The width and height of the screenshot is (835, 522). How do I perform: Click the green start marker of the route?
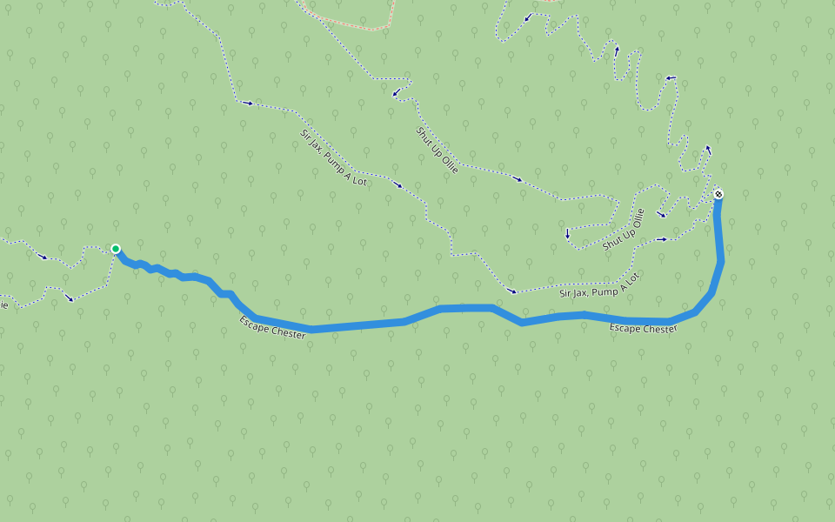116,249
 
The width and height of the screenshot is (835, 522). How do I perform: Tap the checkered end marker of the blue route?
718,194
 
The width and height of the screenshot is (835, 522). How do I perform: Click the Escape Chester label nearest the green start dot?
272,328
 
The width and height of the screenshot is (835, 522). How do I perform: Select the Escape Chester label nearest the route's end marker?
643,329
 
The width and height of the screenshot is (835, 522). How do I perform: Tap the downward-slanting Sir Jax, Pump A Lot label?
332,159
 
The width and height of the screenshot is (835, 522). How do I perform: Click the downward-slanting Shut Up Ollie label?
437,150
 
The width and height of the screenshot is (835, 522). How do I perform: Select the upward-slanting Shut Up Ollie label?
624,230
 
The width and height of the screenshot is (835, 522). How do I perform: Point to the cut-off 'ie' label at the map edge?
3,305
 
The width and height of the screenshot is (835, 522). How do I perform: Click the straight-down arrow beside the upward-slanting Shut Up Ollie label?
567,233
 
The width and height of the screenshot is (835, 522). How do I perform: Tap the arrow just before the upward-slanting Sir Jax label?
512,291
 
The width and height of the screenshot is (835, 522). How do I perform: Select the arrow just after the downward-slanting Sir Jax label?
398,184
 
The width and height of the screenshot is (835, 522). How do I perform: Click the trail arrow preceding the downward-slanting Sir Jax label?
249,104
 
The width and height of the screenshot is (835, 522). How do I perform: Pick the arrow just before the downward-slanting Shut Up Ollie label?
396,92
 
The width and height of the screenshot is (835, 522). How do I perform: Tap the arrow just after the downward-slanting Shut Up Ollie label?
518,179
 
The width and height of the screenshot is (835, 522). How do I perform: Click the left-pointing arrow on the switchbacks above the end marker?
670,78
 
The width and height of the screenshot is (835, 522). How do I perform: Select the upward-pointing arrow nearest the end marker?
708,149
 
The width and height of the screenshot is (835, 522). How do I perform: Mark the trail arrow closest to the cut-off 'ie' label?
70,298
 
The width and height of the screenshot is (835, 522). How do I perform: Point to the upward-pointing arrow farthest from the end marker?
617,50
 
